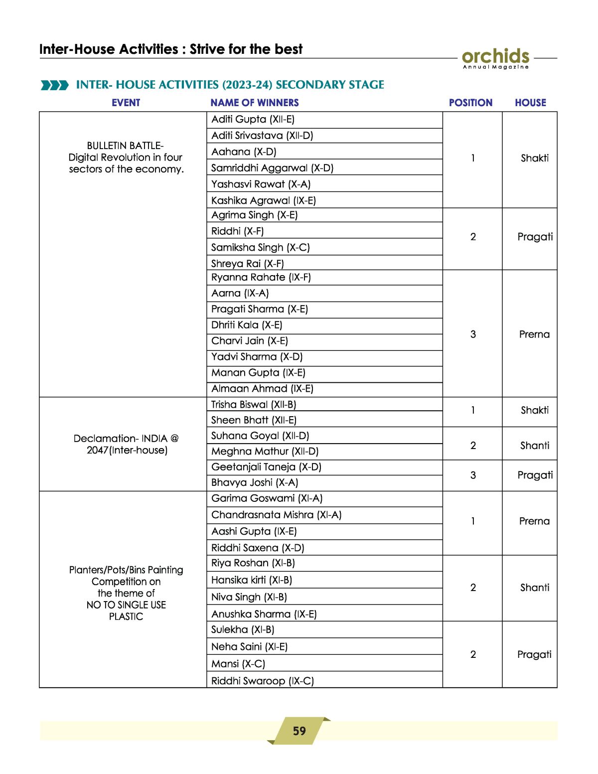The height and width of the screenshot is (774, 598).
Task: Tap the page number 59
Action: tap(299, 731)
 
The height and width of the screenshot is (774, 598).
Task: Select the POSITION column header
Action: tap(470, 103)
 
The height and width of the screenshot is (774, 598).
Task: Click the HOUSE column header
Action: tap(530, 103)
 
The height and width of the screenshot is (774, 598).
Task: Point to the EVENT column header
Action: tap(126, 103)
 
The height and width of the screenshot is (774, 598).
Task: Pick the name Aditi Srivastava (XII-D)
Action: tap(262, 136)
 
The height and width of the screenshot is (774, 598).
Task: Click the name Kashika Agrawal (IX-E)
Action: tap(263, 200)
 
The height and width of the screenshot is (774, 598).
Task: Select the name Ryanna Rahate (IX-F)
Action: tap(261, 277)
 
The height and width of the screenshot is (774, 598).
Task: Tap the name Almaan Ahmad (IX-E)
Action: tap(262, 389)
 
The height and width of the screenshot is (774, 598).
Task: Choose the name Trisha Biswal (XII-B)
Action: tap(253, 404)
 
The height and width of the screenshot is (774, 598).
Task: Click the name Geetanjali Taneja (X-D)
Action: tap(266, 467)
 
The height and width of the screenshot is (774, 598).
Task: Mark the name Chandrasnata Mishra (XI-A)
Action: tap(276, 515)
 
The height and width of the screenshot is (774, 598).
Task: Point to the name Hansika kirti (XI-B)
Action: tap(251, 580)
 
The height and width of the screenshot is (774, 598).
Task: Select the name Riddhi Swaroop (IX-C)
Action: tap(262, 681)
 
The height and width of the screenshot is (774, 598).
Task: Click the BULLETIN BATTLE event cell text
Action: tap(126, 157)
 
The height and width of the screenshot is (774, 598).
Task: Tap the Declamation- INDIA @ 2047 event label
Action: tap(126, 444)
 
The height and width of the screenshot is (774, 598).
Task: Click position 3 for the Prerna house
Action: tap(473, 334)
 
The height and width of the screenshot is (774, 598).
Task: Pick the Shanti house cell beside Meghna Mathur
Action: tap(535, 446)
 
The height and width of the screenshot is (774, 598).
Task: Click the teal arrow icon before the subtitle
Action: tap(54, 85)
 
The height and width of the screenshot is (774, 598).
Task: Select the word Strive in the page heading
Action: tap(207, 49)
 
